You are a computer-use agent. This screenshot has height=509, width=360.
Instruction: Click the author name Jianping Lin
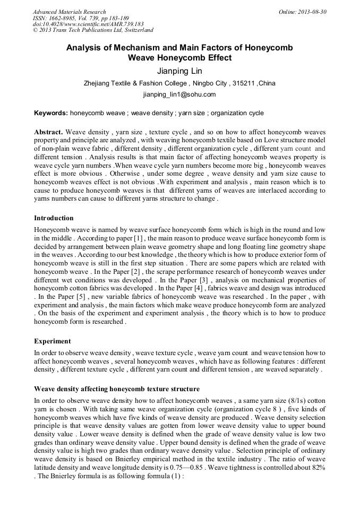179,71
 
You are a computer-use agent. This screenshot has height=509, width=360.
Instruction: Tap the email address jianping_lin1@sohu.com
179,94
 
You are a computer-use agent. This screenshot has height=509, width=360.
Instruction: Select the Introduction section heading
54,218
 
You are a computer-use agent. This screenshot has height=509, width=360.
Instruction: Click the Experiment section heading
52,341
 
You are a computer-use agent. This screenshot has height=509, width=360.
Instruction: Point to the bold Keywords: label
51,113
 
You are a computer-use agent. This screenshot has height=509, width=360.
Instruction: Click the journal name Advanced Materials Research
69,12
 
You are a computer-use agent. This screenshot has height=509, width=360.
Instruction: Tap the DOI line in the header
88,24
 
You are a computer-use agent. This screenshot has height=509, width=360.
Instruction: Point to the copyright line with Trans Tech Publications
93,30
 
